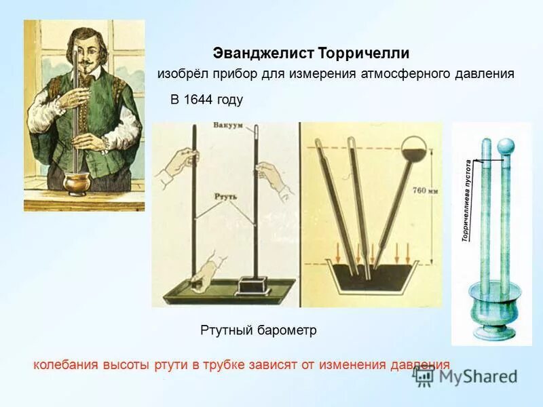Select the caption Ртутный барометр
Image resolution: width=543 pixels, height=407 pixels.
[259, 330]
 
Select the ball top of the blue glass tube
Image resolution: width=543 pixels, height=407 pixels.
[507, 146]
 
